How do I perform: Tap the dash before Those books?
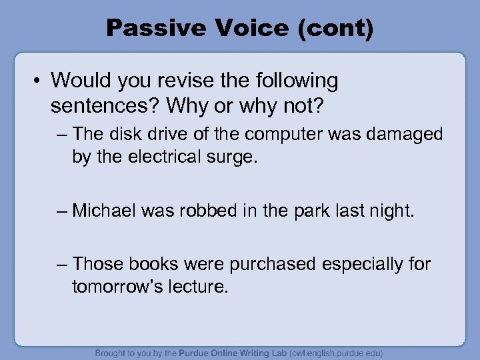63,265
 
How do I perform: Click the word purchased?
273,265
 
